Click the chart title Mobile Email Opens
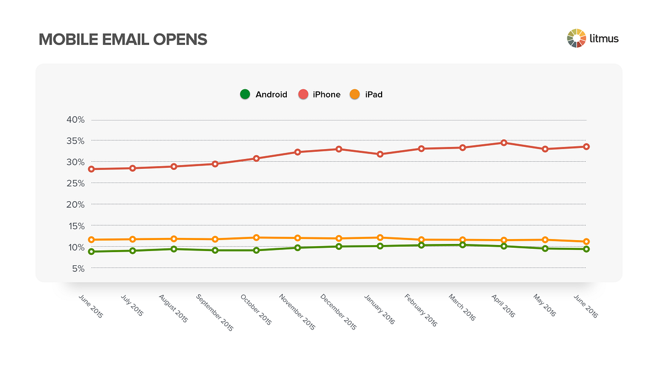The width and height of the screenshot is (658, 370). tap(123, 39)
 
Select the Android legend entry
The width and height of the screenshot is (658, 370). tap(264, 94)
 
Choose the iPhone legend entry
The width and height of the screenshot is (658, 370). tap(320, 94)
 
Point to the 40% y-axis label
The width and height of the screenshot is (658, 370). tap(76, 119)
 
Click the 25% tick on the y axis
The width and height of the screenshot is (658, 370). tap(76, 183)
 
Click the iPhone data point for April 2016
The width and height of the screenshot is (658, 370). tap(504, 143)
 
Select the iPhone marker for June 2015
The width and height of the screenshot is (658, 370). tap(92, 169)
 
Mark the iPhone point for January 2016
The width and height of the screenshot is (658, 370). tap(380, 154)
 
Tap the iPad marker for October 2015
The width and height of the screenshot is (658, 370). tap(256, 237)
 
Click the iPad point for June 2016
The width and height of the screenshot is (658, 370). tap(586, 242)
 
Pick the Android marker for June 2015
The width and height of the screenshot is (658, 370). tap(92, 252)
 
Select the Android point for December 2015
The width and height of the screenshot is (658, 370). tap(339, 247)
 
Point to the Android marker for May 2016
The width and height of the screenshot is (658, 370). tap(545, 248)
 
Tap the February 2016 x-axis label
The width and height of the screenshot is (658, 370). tap(421, 310)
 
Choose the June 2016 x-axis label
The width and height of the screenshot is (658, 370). tap(585, 306)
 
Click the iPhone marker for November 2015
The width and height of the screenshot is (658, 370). tap(298, 152)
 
